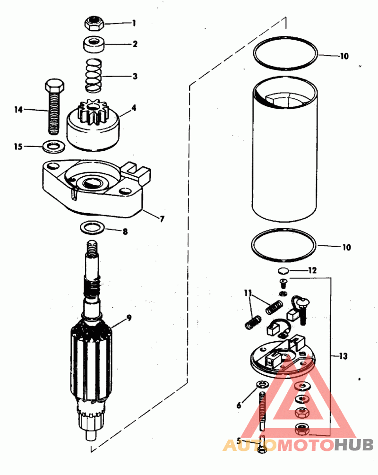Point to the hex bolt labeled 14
tap(53, 108)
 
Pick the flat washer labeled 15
tap(53, 147)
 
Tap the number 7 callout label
tap(162, 218)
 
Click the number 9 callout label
tap(129, 318)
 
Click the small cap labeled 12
tap(283, 271)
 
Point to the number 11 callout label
tap(248, 294)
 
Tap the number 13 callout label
tap(344, 356)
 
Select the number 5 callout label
tap(240, 441)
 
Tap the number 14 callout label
tap(18, 110)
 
